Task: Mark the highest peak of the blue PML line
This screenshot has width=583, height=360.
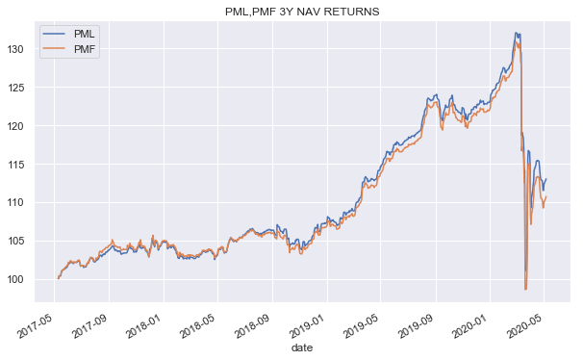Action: coord(517,33)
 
